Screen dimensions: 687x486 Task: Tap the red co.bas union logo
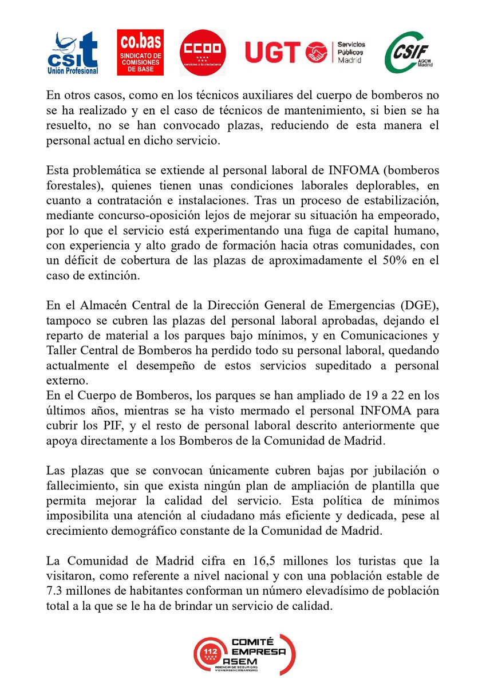(x=140, y=53)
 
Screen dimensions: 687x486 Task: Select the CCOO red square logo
(x=203, y=53)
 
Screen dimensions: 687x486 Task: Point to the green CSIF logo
(x=409, y=53)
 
